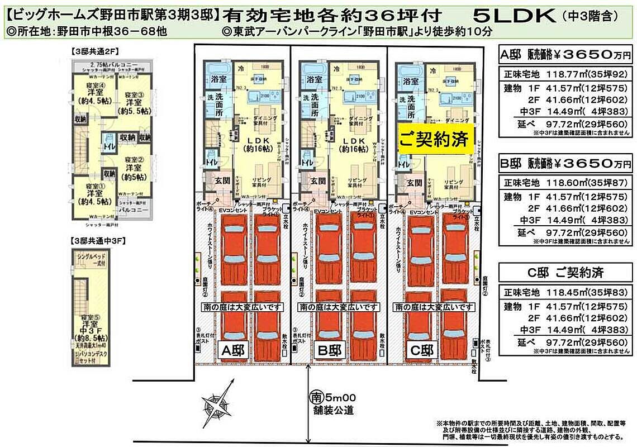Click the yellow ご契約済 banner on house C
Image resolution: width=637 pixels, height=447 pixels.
click(436, 139)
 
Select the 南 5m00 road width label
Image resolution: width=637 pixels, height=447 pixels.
click(332, 398)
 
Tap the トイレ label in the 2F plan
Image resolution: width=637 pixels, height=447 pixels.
click(108, 147)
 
